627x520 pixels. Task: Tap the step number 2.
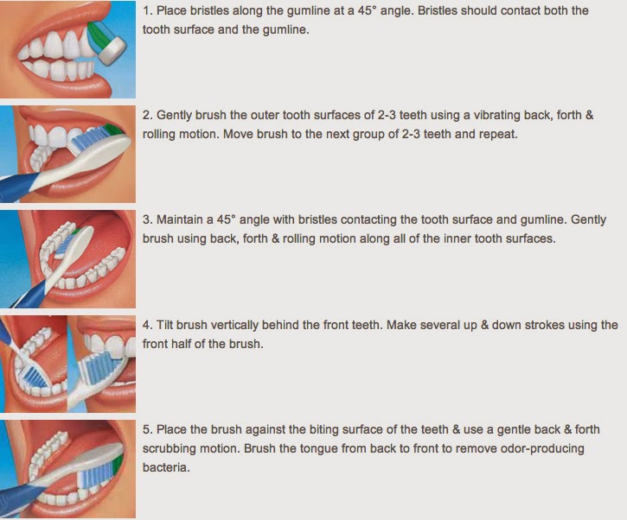pyautogui.click(x=148, y=116)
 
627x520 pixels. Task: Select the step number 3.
pyautogui.click(x=148, y=220)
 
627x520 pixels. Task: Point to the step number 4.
pyautogui.click(x=148, y=325)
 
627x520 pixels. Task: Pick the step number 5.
pyautogui.click(x=148, y=430)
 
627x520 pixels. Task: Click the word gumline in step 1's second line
pyautogui.click(x=285, y=30)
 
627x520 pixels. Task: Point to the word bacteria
pyautogui.click(x=166, y=467)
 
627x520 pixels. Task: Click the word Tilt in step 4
pyautogui.click(x=164, y=325)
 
